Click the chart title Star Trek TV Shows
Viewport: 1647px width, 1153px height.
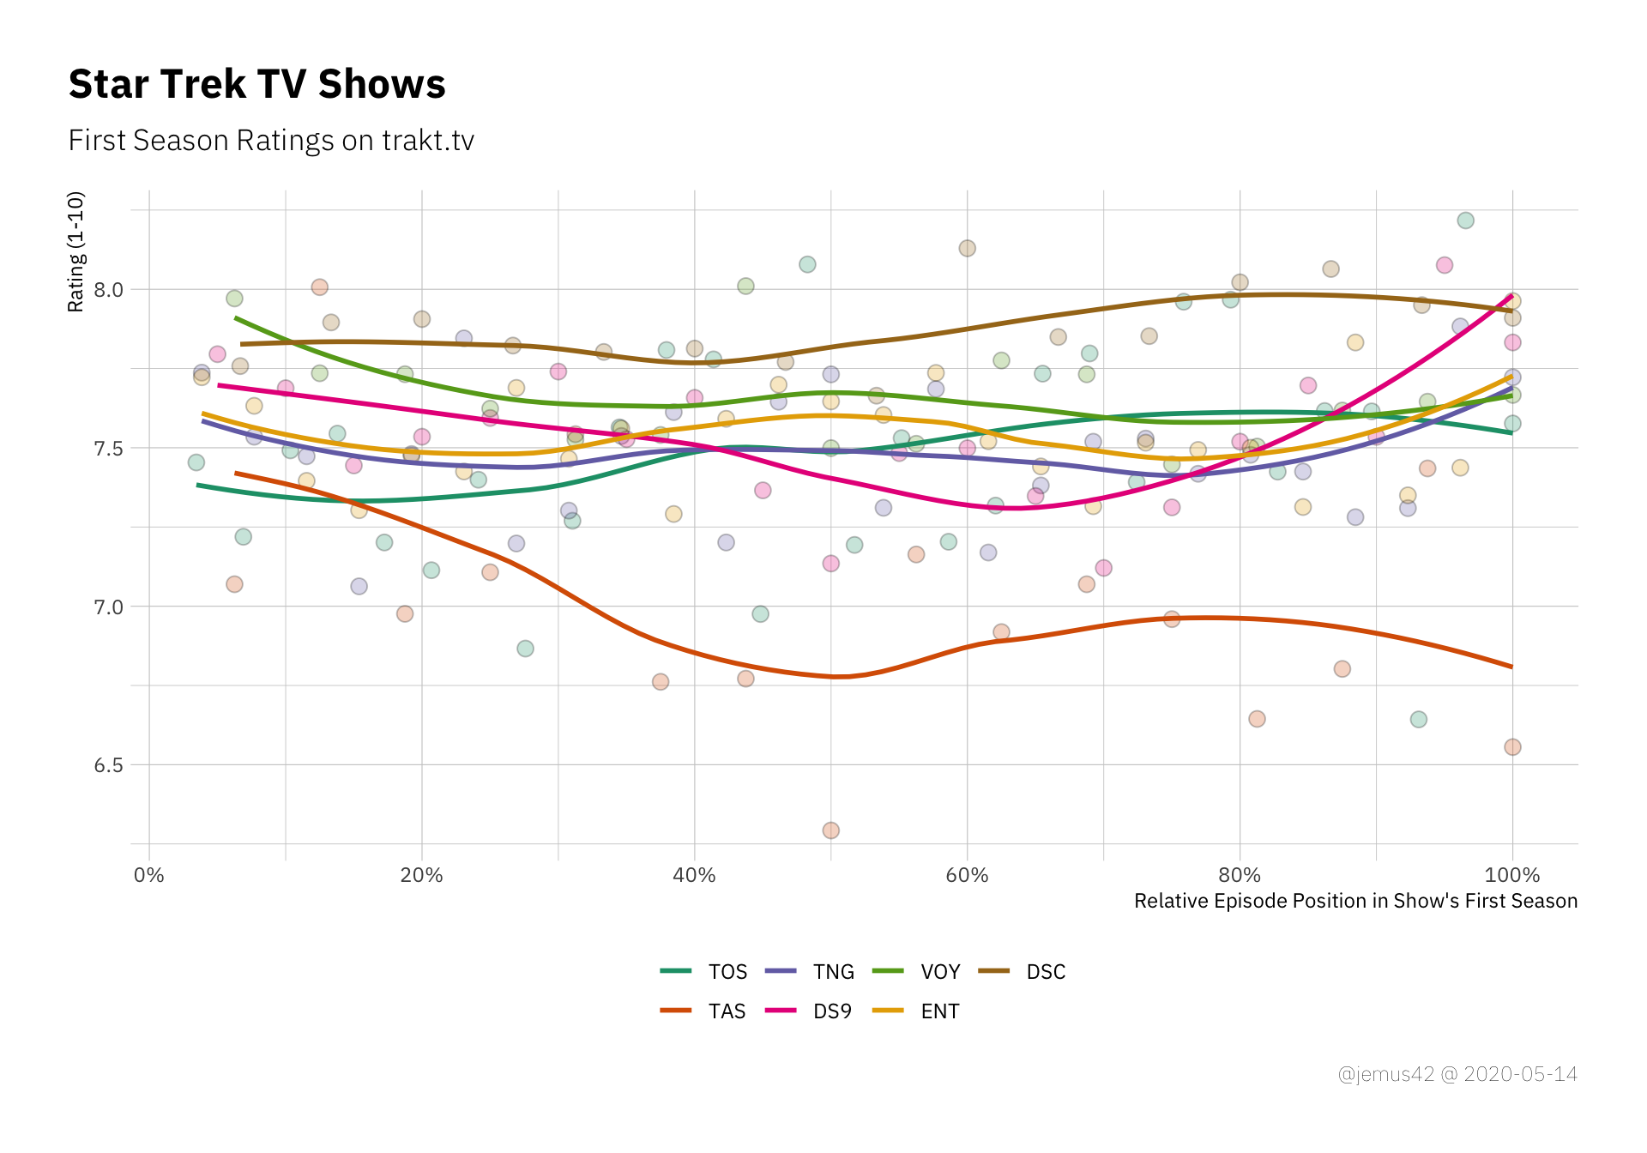pos(256,84)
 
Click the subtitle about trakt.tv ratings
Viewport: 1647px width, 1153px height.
pos(271,141)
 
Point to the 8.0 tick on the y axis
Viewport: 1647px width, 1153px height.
pos(108,290)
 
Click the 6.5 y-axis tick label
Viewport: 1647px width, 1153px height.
pos(108,765)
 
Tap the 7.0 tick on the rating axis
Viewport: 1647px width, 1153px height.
pos(108,607)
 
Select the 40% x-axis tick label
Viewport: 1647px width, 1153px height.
pos(694,875)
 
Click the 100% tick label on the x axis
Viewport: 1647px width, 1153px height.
pos(1511,875)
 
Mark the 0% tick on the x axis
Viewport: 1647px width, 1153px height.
pos(149,875)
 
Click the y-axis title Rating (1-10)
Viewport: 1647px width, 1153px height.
pos(75,252)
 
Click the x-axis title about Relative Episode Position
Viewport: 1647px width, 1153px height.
pos(1355,901)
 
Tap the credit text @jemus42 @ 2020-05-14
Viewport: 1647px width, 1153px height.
pos(1457,1074)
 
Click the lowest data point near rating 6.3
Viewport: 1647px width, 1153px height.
pos(830,830)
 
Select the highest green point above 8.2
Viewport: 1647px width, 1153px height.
pos(1465,220)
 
